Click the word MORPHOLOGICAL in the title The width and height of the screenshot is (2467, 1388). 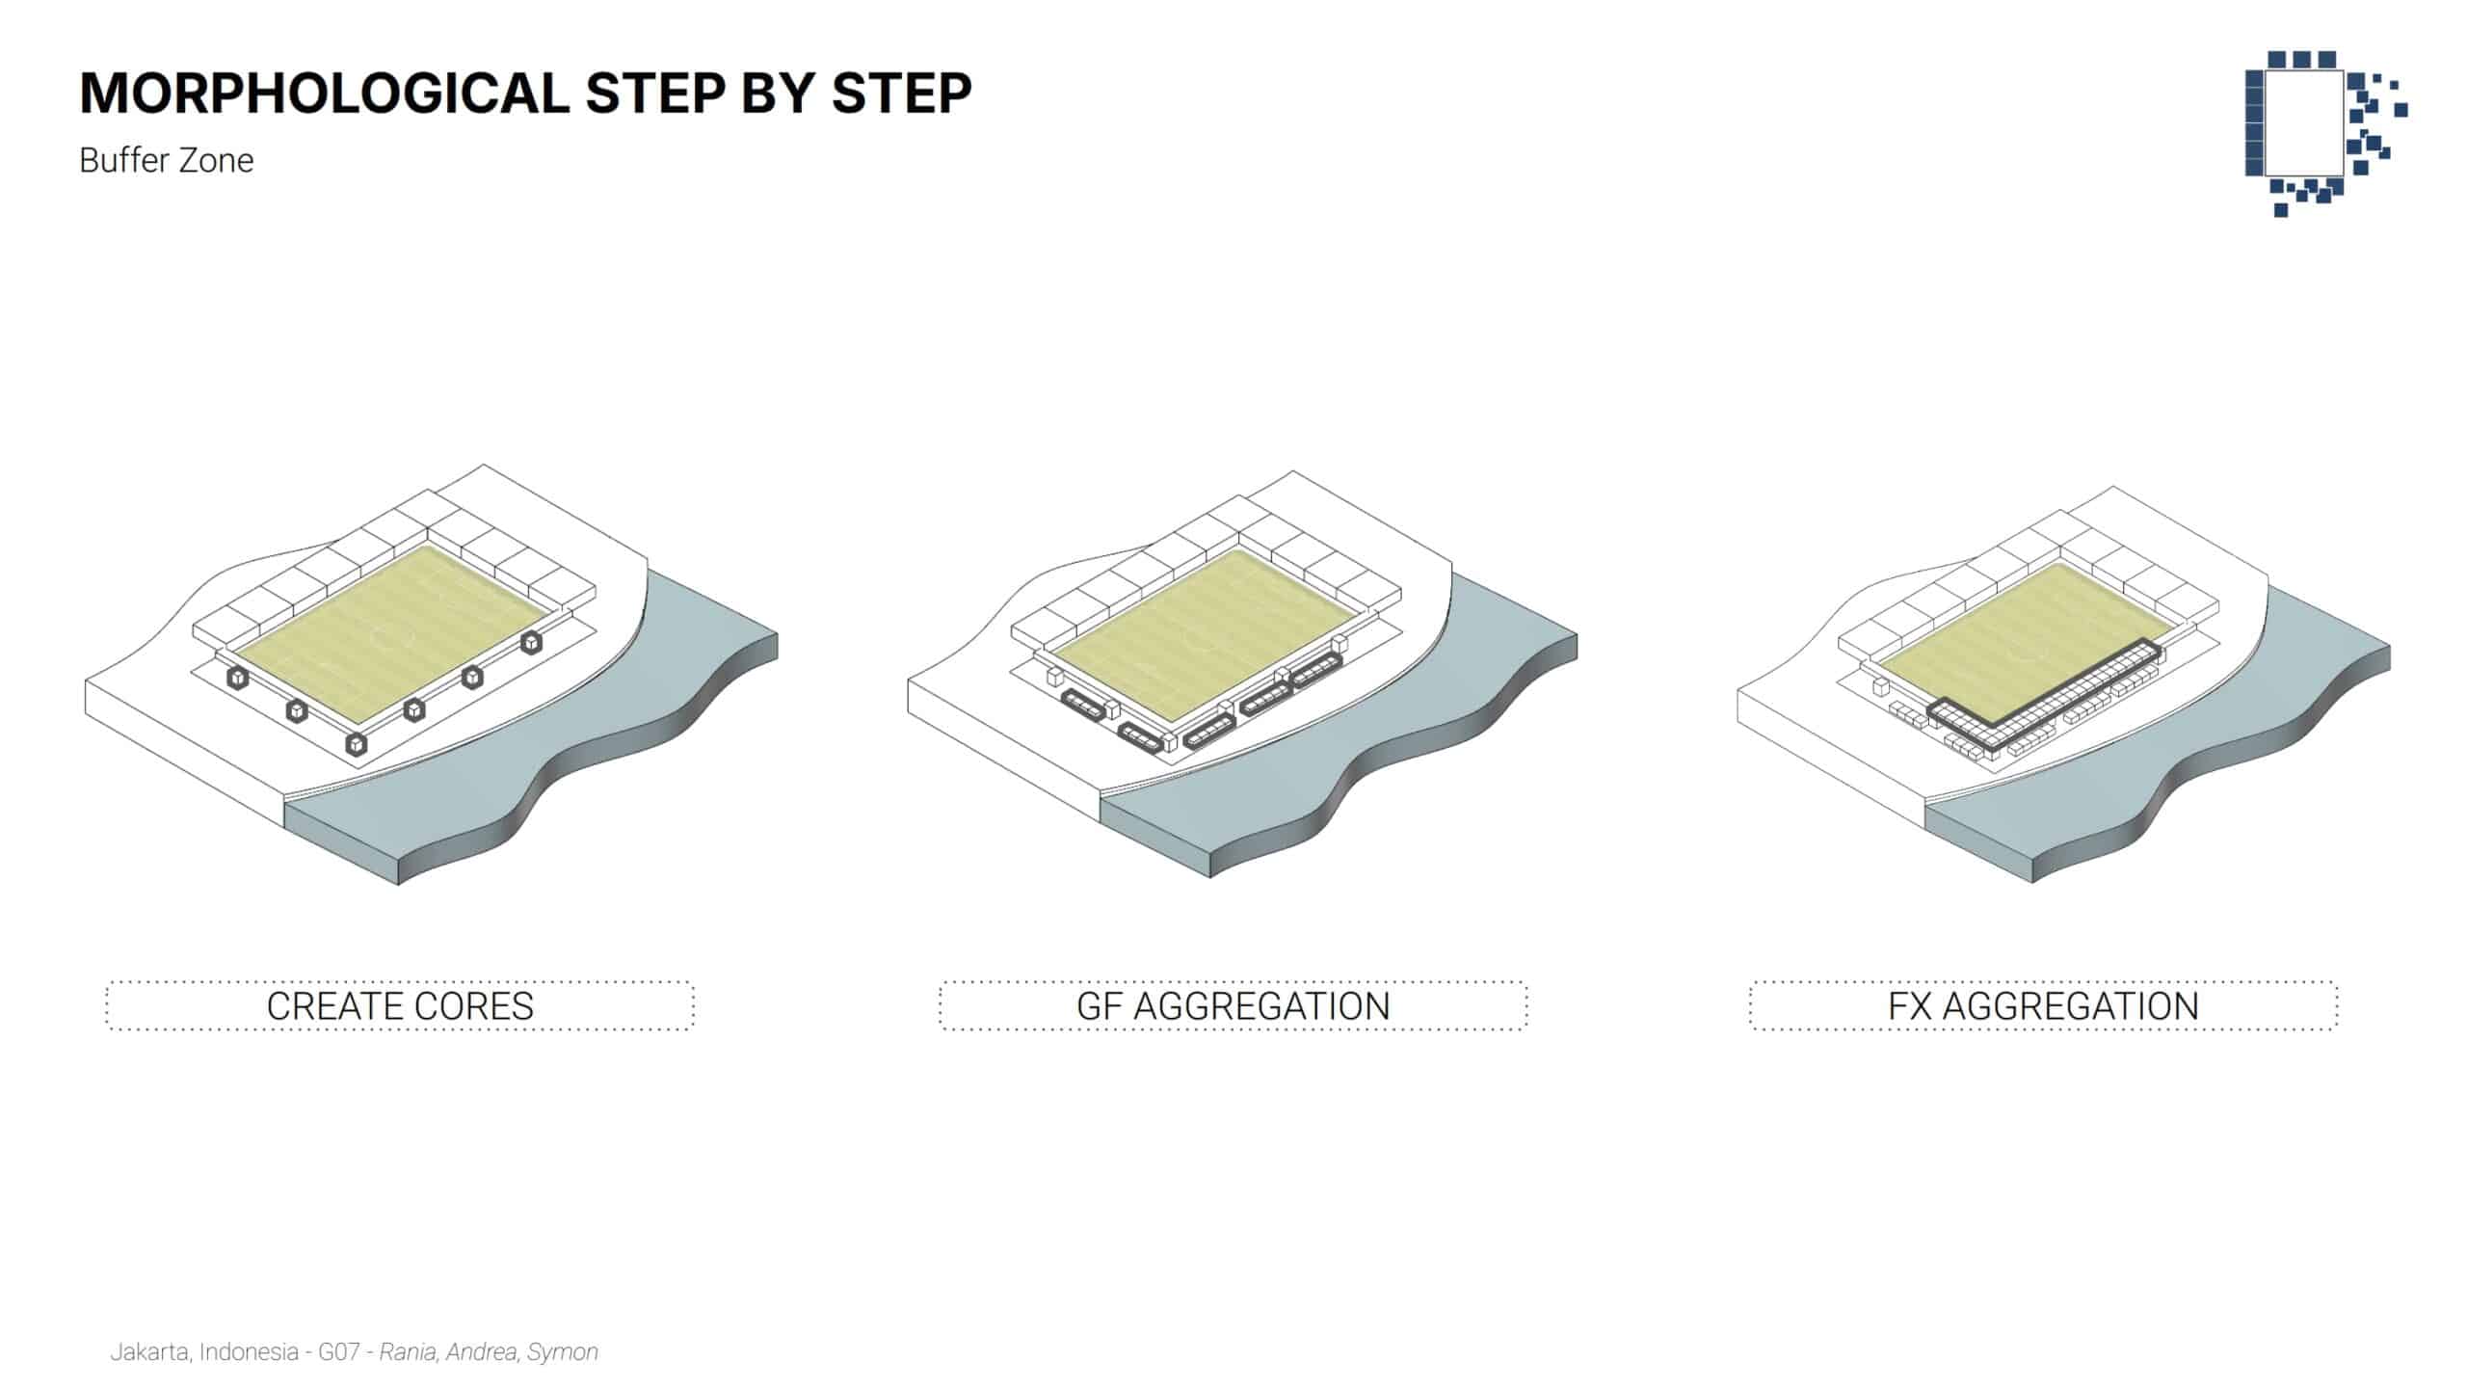(x=325, y=93)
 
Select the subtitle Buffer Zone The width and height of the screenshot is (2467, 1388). (x=167, y=160)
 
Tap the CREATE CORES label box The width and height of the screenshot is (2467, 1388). (x=400, y=1005)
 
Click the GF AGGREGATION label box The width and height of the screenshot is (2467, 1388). (x=1233, y=1005)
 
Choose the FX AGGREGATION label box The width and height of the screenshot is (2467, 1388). (x=2044, y=1005)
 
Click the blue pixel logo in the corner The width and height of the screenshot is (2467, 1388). (x=2325, y=133)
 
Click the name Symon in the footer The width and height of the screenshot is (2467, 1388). (x=563, y=1352)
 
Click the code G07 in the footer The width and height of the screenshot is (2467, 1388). (x=339, y=1352)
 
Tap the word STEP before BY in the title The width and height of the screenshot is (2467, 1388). (x=654, y=93)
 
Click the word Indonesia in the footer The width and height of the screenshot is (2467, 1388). (x=249, y=1352)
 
